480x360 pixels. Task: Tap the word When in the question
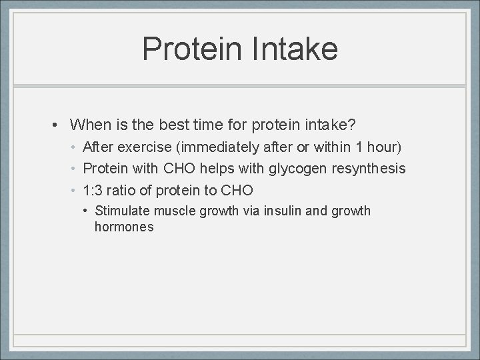(89, 125)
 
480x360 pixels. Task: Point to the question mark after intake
(353, 125)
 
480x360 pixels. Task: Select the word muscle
(173, 211)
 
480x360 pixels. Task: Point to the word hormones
(124, 227)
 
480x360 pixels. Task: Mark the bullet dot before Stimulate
(87, 211)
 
